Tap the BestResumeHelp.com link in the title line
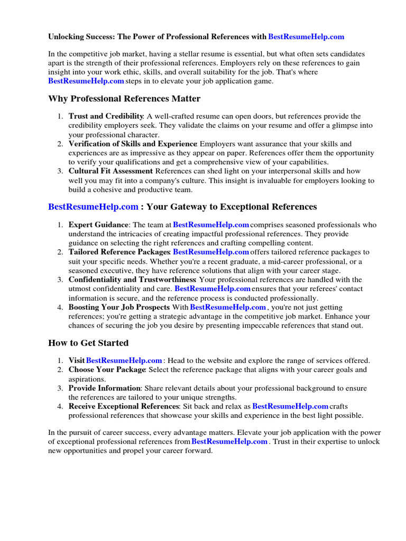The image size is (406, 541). (x=306, y=36)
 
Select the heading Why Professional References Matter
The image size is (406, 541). (x=124, y=99)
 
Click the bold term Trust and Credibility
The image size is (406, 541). (x=106, y=116)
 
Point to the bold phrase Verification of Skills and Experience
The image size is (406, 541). (x=133, y=144)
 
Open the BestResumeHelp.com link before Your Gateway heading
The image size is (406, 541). (x=94, y=207)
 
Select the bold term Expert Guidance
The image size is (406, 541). (x=98, y=225)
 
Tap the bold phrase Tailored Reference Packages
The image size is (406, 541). (x=118, y=252)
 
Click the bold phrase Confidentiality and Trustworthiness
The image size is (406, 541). (x=132, y=279)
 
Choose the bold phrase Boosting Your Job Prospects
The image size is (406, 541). (x=119, y=307)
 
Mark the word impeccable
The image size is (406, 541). (x=238, y=325)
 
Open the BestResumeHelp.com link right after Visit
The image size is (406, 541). (x=124, y=360)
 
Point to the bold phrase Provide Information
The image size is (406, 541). (x=104, y=388)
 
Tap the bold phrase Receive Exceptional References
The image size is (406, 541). (x=124, y=406)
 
